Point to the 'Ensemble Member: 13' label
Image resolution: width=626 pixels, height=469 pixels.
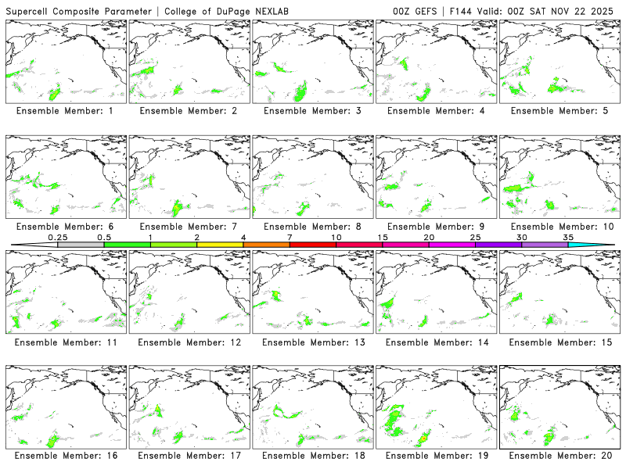315,342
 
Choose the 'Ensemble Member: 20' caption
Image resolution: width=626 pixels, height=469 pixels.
562,455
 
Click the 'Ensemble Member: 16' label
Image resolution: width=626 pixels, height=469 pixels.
68,455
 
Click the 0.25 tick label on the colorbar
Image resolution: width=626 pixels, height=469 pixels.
57,237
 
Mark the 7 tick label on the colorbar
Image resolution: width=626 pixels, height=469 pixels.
290,237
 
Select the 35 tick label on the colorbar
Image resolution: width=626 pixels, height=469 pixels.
568,237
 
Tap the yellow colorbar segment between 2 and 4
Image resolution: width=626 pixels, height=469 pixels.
220,245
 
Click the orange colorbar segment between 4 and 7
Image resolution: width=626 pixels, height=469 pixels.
266,245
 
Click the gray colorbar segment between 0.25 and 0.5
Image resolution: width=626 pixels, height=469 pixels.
81,245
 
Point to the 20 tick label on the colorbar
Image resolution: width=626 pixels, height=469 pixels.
429,237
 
